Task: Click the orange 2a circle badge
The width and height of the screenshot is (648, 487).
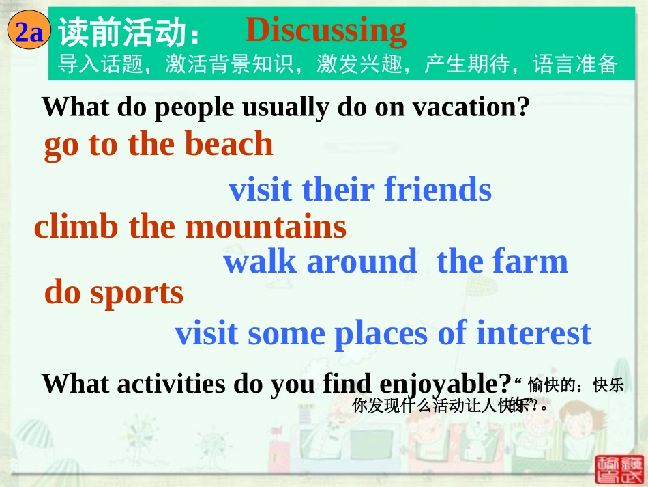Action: pyautogui.click(x=29, y=31)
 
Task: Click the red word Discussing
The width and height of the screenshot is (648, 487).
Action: pyautogui.click(x=325, y=30)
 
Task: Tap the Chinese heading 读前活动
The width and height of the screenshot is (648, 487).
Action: pyautogui.click(x=121, y=32)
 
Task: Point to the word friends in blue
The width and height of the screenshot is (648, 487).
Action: pyautogui.click(x=438, y=190)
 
